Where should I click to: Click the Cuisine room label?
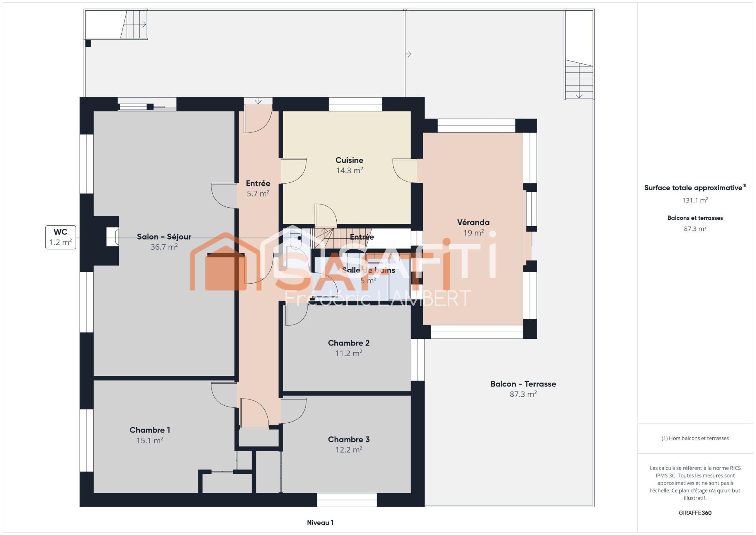coord(349,160)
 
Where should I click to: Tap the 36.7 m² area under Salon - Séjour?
coord(164,247)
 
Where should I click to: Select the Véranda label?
coord(473,223)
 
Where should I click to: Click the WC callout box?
coord(61,237)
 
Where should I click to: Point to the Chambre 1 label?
coord(150,430)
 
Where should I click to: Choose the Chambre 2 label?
coord(348,343)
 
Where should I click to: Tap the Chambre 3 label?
coord(348,440)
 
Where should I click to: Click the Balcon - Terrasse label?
coord(523,384)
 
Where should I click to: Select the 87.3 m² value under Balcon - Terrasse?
coord(523,394)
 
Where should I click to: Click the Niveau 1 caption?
coord(320,523)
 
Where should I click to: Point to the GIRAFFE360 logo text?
coord(695,513)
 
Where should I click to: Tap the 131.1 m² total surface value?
coord(695,200)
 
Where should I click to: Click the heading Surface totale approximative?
coord(693,188)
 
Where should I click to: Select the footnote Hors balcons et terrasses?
coord(695,438)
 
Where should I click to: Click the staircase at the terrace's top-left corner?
coord(134,24)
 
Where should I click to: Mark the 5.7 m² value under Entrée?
coord(258,194)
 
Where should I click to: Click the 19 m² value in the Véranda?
coord(473,233)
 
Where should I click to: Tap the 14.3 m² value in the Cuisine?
coord(349,171)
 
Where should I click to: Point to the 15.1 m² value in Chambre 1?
coord(150,440)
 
